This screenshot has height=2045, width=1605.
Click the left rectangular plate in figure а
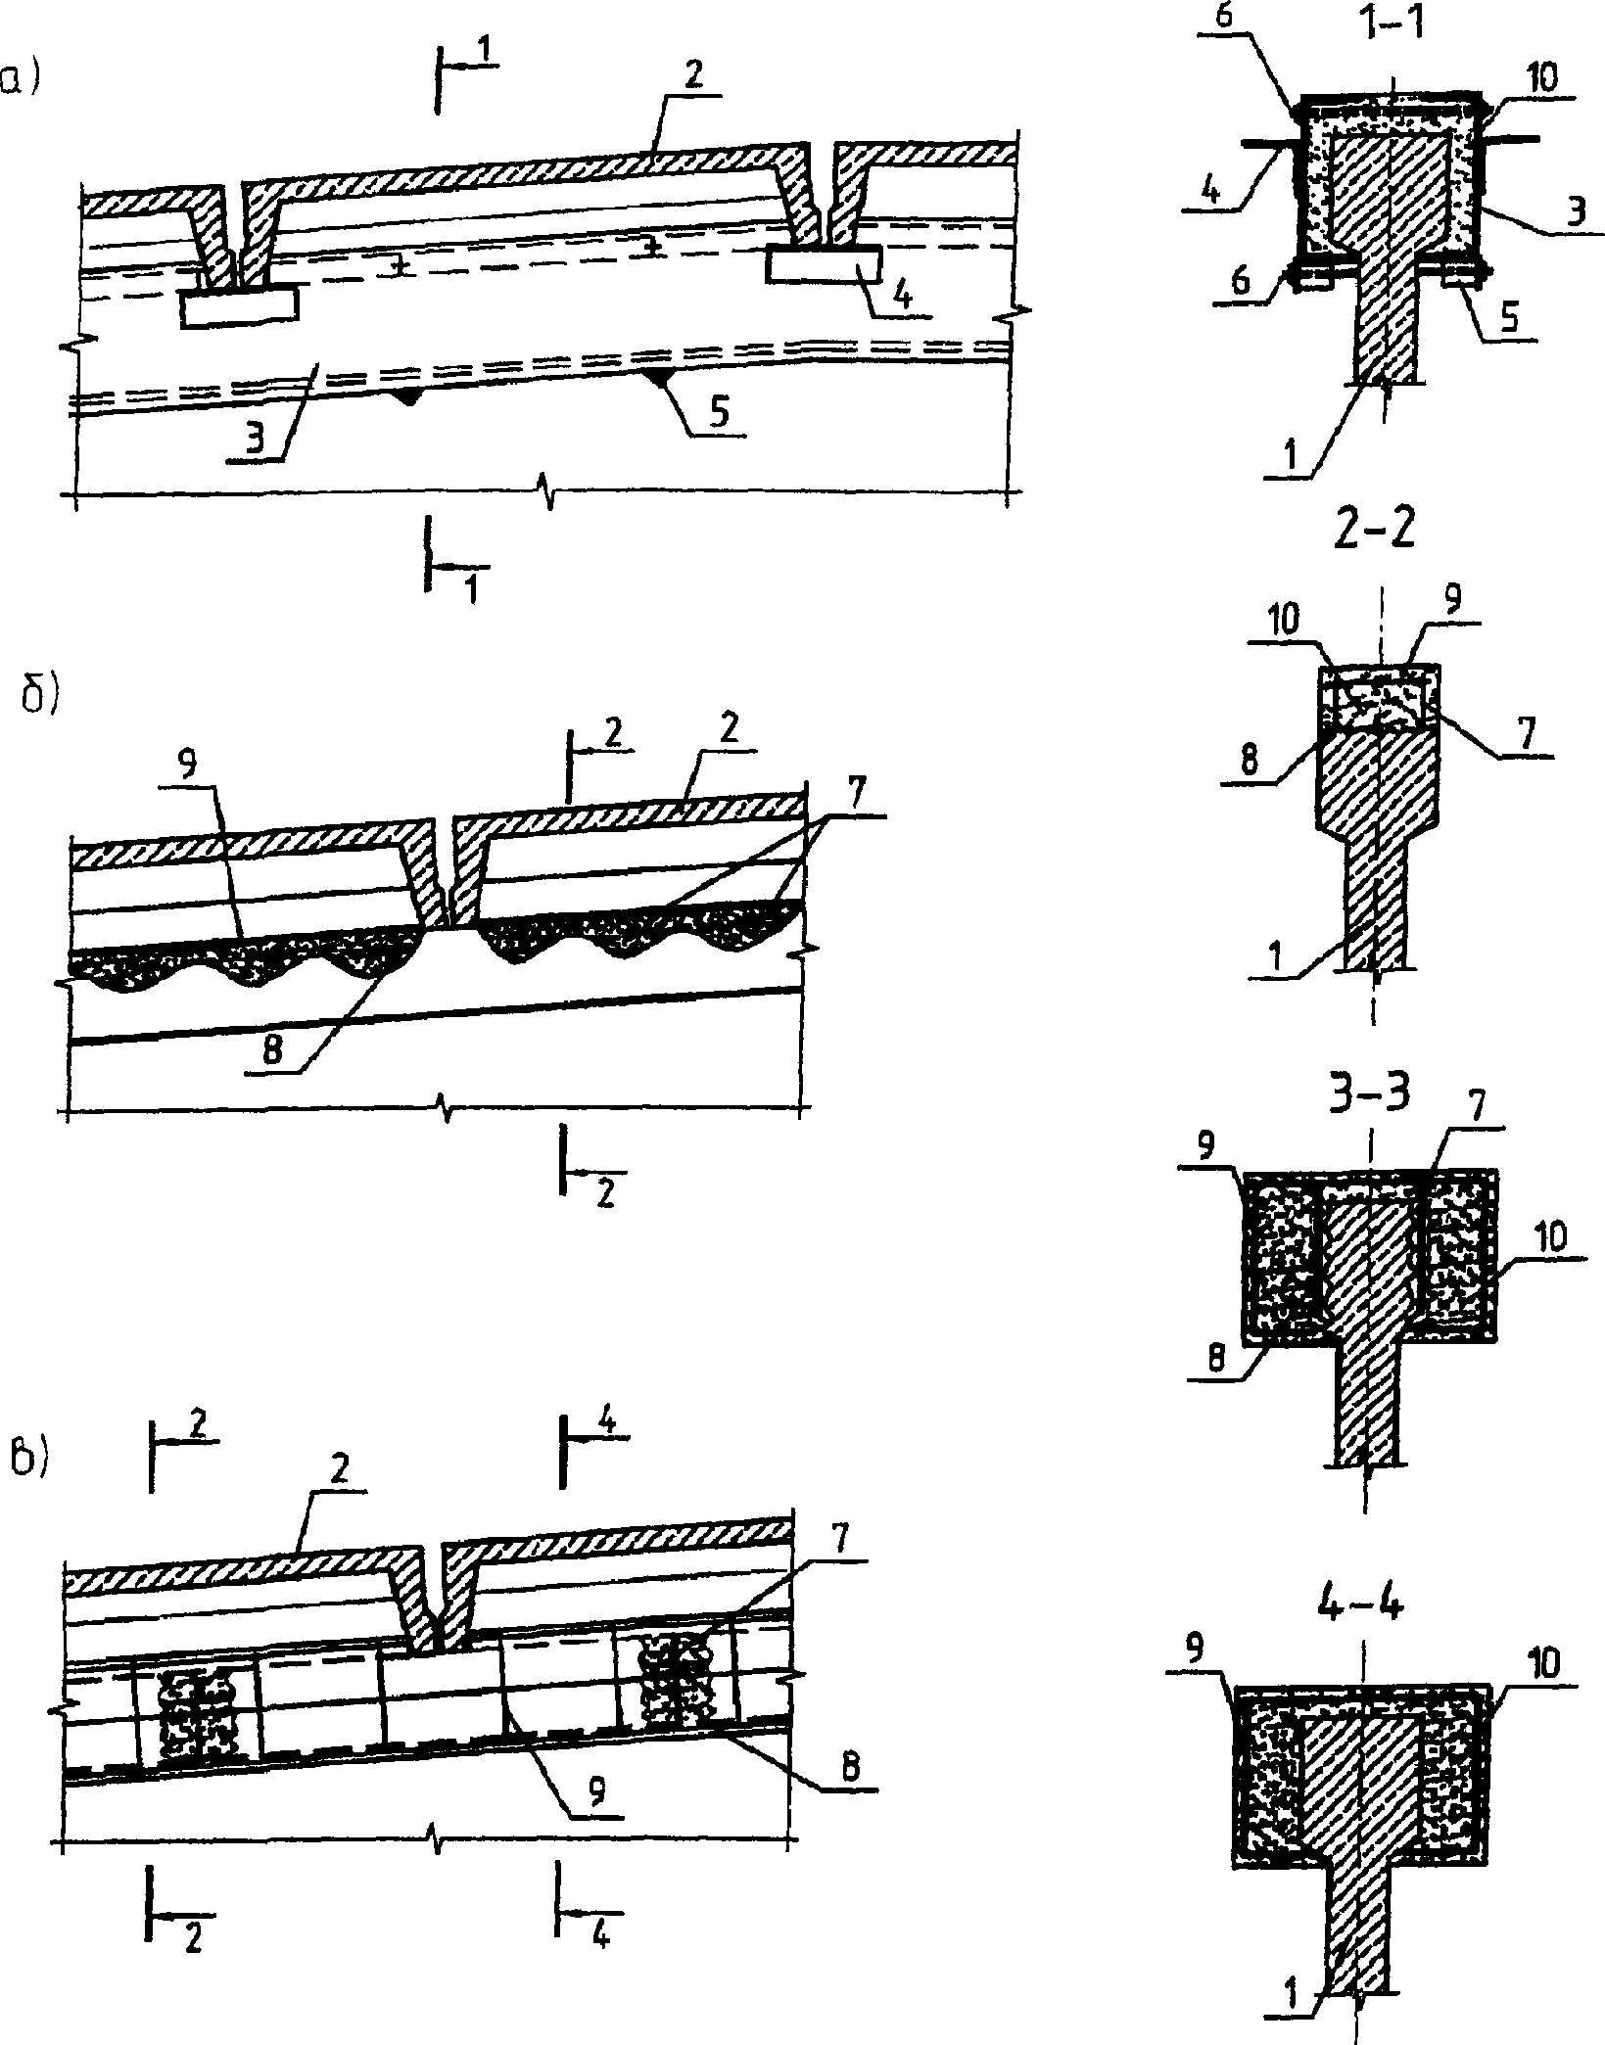[x=238, y=308]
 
